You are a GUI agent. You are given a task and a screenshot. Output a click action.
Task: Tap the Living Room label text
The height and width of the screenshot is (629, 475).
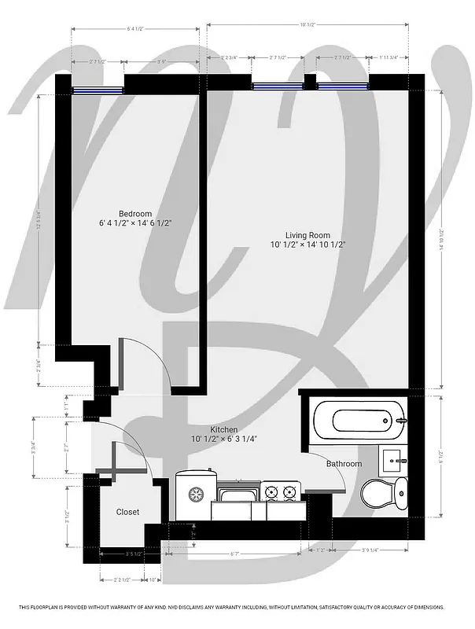[307, 235]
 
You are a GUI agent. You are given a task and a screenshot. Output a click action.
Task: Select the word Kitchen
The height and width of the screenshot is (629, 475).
[223, 429]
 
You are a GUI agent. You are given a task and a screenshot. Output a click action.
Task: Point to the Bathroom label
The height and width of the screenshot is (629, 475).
[344, 464]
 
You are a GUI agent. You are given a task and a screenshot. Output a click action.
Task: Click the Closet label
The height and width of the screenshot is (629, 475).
[127, 512]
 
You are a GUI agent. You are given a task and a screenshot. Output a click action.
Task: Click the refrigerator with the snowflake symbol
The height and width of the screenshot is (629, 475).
[193, 495]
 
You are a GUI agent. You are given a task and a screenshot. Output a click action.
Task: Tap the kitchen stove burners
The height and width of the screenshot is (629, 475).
[281, 493]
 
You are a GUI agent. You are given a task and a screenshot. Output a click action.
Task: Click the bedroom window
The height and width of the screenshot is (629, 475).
[98, 90]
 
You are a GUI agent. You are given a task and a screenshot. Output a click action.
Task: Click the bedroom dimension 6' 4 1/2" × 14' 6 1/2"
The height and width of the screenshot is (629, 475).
[135, 223]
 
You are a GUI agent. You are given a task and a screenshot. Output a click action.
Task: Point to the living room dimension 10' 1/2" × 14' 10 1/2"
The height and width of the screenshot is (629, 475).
[307, 245]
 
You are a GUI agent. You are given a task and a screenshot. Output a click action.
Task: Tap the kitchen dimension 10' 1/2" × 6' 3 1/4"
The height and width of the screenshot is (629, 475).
[223, 439]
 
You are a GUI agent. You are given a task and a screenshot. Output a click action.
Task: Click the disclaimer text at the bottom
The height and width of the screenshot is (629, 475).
[232, 607]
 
